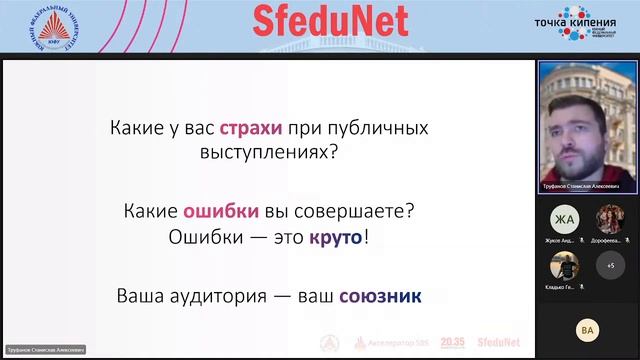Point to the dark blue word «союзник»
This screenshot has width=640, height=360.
(380, 296)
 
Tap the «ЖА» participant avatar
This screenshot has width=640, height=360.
(564, 219)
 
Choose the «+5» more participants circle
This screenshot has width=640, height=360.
(610, 266)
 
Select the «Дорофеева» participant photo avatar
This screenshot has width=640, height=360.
(610, 219)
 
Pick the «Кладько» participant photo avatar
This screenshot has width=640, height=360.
(564, 266)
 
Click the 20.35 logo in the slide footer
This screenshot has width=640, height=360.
(452, 343)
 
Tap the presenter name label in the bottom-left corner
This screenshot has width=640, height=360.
(46, 350)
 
